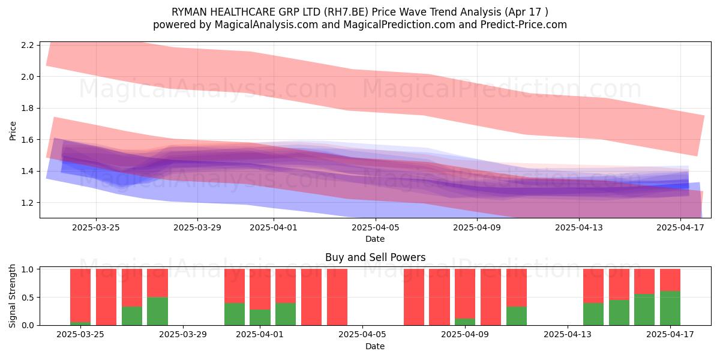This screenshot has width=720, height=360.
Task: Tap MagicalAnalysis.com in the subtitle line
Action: (266, 25)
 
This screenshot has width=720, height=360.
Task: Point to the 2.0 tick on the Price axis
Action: (28, 77)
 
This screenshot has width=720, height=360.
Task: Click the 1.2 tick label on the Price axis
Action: (28, 203)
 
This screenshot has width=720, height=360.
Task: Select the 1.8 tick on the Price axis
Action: (28, 109)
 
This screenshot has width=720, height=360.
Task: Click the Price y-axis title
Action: (13, 131)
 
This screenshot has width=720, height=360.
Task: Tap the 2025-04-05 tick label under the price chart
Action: (376, 227)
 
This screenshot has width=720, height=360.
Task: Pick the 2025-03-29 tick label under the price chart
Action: (197, 227)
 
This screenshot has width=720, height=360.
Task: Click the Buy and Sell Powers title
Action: (376, 257)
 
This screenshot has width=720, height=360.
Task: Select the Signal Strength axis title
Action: (12, 296)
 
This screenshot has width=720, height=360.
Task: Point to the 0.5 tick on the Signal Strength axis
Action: (28, 298)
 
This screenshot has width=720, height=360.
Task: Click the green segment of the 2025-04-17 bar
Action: (670, 308)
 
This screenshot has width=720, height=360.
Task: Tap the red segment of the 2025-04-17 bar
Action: (670, 280)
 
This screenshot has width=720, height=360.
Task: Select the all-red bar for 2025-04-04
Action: (337, 297)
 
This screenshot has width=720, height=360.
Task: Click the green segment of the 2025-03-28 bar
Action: (157, 311)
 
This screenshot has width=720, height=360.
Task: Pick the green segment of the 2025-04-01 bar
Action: (260, 317)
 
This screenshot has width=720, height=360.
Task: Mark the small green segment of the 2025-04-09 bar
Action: (465, 322)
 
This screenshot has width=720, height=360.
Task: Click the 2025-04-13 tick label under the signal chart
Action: (568, 335)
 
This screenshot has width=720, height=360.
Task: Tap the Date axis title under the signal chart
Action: (375, 347)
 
